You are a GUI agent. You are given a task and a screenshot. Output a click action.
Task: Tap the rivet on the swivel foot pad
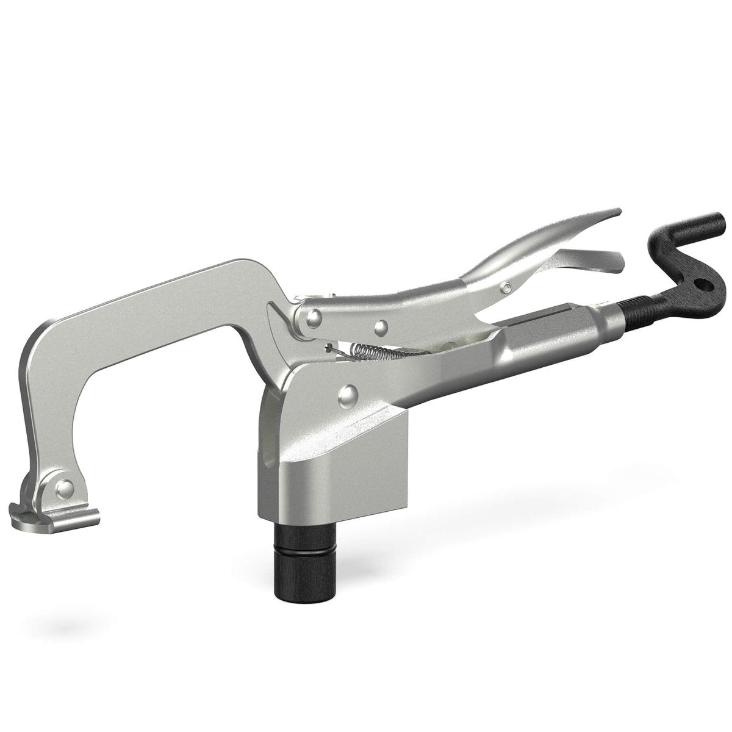pyautogui.click(x=65, y=487)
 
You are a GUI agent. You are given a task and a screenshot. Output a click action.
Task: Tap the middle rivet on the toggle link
pyautogui.click(x=381, y=328)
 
